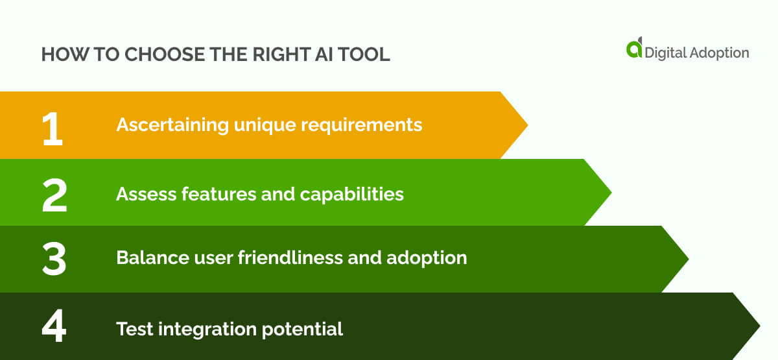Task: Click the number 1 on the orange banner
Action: tap(53, 127)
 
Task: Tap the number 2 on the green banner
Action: tap(54, 195)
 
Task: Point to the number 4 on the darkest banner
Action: tap(54, 328)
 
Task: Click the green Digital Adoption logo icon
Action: tap(634, 48)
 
